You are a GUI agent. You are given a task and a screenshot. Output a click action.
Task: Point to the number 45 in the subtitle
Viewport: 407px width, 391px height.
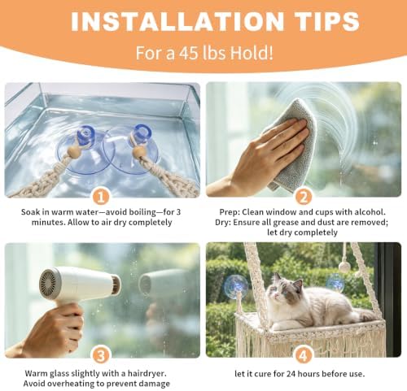click(188, 53)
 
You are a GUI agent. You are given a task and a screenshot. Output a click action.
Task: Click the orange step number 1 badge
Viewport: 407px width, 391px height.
click(101, 197)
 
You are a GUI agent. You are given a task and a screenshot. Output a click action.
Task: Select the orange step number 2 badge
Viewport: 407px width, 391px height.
click(303, 197)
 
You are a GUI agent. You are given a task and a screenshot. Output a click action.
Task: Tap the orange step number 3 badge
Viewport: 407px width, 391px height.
click(101, 355)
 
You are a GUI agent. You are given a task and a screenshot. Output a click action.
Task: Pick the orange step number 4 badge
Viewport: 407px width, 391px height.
click(303, 355)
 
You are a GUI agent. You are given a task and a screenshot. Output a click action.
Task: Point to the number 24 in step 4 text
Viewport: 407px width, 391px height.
click(291, 374)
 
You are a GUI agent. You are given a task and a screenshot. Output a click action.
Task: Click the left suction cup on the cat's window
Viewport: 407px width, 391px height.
click(236, 285)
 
